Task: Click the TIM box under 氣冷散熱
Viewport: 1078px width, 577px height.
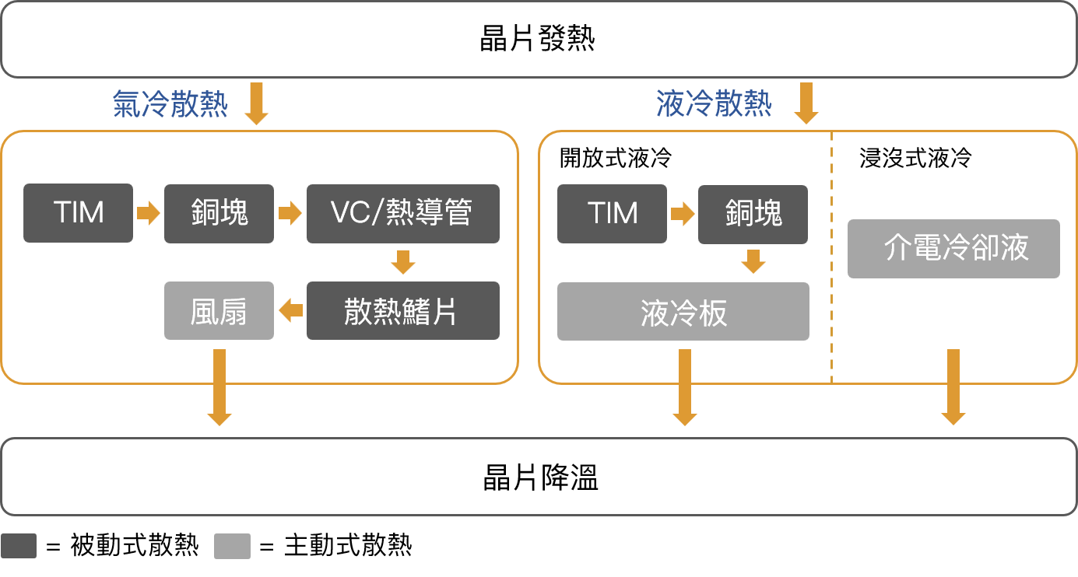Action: click(x=79, y=213)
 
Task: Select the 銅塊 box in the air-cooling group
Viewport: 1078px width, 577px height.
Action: click(x=219, y=213)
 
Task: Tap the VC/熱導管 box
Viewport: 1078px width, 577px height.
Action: click(x=402, y=213)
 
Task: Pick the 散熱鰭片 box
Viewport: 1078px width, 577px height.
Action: click(x=402, y=311)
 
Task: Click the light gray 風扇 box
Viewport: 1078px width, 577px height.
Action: click(x=219, y=311)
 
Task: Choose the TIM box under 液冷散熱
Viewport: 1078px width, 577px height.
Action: click(x=613, y=213)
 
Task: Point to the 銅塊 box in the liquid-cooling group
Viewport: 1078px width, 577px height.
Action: click(x=753, y=213)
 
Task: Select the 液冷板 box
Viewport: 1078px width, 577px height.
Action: click(x=683, y=312)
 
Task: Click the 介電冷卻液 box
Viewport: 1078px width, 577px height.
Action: click(x=953, y=249)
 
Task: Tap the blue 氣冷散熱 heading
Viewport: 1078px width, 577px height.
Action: click(x=170, y=104)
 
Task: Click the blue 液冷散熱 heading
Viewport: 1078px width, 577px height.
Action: click(x=714, y=104)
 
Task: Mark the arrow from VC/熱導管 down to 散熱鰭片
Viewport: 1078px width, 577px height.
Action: click(x=402, y=262)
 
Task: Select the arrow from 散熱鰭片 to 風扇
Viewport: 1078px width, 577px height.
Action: click(x=290, y=311)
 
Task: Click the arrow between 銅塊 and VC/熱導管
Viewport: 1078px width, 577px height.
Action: click(x=290, y=213)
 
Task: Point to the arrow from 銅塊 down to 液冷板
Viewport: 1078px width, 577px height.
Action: click(x=753, y=262)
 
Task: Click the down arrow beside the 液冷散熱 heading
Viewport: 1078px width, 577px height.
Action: click(x=806, y=103)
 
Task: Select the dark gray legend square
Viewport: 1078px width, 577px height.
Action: click(x=19, y=546)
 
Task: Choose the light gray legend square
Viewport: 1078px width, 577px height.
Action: click(x=233, y=546)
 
